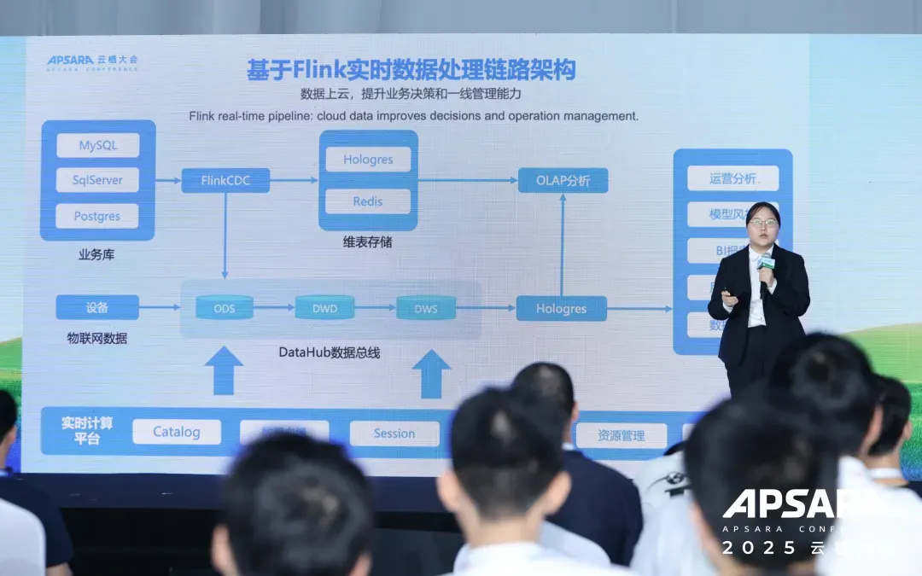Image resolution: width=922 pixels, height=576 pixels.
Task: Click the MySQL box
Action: (97, 145)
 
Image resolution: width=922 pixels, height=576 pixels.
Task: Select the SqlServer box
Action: (97, 180)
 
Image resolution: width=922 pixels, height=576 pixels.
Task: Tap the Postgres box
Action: (97, 216)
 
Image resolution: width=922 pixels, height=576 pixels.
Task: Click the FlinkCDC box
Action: (225, 180)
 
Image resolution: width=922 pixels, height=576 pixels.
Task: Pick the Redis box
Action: (368, 201)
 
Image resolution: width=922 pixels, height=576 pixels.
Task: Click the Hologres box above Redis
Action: (368, 160)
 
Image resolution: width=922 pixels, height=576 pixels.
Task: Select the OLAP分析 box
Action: (563, 180)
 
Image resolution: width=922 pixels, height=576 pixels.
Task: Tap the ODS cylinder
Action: (225, 307)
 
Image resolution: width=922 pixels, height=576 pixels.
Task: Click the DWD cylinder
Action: (324, 307)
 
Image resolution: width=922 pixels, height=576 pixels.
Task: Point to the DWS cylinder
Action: (426, 308)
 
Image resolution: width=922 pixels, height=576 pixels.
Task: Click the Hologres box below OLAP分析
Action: (561, 308)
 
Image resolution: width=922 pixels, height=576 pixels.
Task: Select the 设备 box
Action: (97, 307)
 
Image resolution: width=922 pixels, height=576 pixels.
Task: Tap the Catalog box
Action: (177, 432)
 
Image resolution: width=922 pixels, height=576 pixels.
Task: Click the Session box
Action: (394, 433)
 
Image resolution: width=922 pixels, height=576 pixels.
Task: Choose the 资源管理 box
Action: (621, 435)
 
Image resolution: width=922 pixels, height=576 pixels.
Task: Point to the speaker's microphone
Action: (766, 264)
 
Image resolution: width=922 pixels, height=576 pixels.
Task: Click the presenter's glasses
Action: (762, 223)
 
